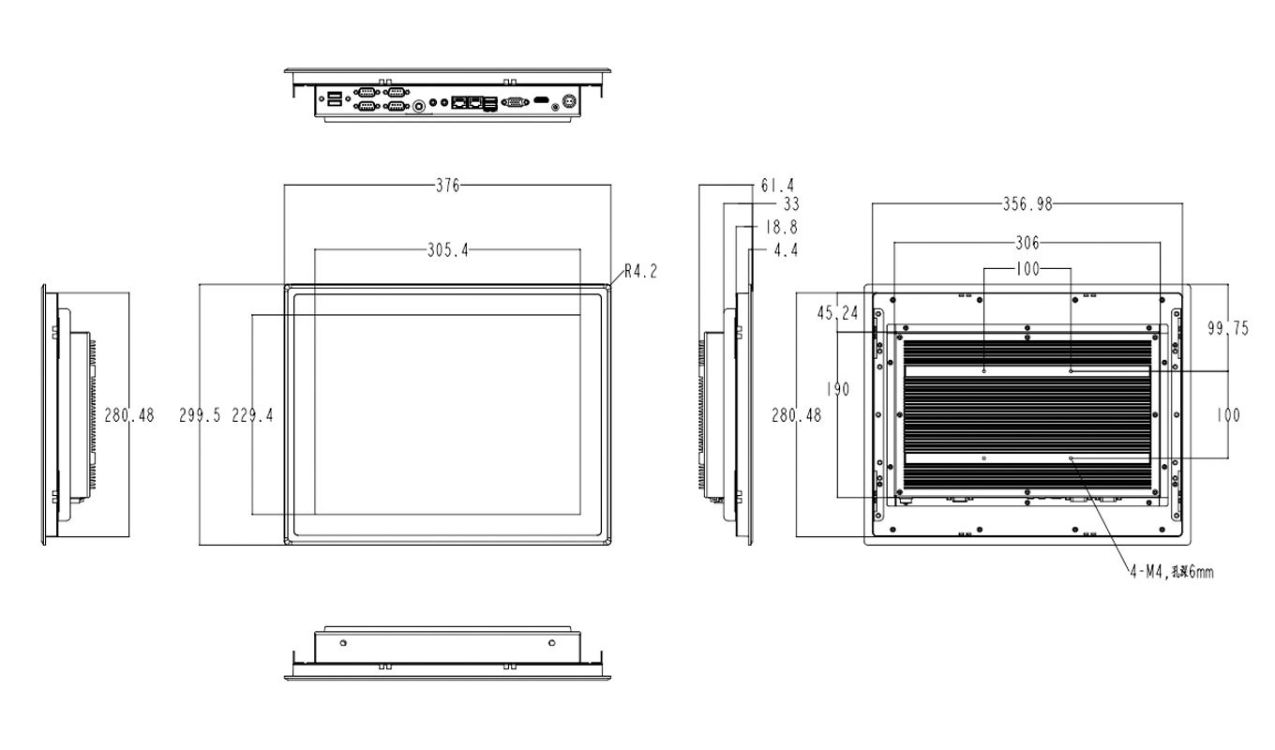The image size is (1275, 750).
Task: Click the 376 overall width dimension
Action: tap(447, 186)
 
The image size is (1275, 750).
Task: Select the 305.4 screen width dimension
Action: tap(447, 250)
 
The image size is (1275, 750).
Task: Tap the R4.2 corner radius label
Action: tap(641, 272)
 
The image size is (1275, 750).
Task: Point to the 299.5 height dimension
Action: tap(200, 416)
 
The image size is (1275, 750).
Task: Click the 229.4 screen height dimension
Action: tap(252, 416)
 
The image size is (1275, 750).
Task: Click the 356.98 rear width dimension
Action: tap(1027, 203)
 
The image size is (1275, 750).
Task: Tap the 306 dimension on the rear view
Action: tap(1027, 243)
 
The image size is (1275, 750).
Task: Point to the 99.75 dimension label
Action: tap(1228, 328)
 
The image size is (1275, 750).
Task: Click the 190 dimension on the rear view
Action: tap(838, 390)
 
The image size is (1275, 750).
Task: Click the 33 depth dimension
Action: tap(789, 203)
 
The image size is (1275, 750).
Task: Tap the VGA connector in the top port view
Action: tap(514, 100)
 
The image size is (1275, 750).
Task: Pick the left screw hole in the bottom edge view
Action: tap(343, 642)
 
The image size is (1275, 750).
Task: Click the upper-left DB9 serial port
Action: tap(367, 92)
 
